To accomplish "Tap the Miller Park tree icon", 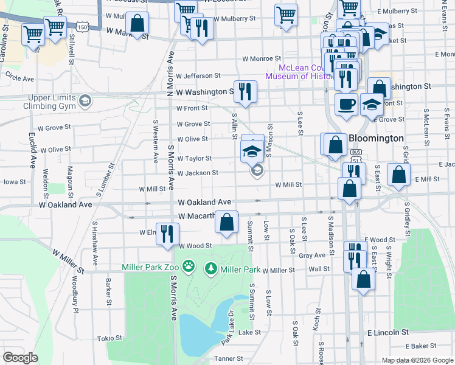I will tap(211, 268).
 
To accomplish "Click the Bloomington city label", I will tap(376, 138).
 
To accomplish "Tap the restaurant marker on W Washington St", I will tap(245, 91).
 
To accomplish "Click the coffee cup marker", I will tap(346, 103).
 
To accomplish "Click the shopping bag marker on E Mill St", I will tap(398, 175).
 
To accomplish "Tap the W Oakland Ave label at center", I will tap(204, 202).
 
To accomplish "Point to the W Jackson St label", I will tap(198, 173).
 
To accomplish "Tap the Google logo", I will tap(20, 358).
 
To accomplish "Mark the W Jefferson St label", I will tap(198, 75).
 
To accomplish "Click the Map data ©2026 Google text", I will tap(417, 360).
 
